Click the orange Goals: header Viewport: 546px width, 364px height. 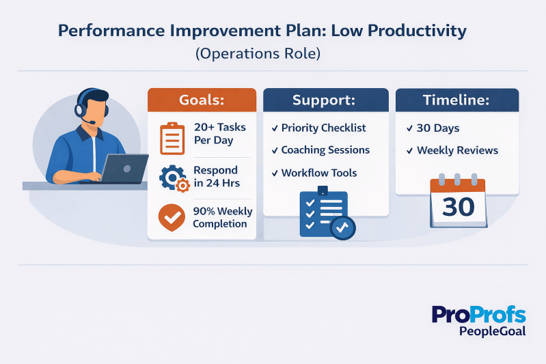tap(202, 100)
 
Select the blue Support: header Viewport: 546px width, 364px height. tap(323, 100)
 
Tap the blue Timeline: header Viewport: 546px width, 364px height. tap(457, 100)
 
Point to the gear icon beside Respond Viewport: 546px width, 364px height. tap(173, 178)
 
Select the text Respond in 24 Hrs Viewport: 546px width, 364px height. tap(215, 176)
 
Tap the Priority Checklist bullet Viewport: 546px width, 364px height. tap(318, 128)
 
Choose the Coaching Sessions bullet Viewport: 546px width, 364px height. tap(320, 150)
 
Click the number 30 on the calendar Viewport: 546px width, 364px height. tap(458, 206)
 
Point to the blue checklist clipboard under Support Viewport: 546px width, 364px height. tap(324, 213)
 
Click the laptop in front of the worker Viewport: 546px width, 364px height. tap(124, 169)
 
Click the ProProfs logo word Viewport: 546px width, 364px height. tap(478, 315)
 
